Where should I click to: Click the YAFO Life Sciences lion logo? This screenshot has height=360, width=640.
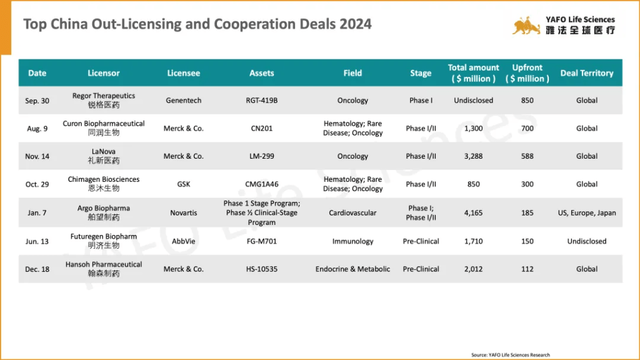tap(526, 26)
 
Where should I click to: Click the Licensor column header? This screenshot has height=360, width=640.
tap(104, 73)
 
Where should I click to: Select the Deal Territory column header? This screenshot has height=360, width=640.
tap(586, 73)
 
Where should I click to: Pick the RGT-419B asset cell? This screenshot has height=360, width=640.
tap(261, 101)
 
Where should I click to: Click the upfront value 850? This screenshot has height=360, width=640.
tap(527, 101)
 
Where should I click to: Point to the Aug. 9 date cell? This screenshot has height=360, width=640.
tap(37, 129)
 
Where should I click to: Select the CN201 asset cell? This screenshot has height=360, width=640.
tap(261, 129)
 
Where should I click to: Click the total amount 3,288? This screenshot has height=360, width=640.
tap(473, 156)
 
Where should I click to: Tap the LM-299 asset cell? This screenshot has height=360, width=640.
tap(261, 156)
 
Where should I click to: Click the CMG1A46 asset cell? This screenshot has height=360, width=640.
tap(261, 184)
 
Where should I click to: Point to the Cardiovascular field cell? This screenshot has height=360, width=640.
tap(352, 213)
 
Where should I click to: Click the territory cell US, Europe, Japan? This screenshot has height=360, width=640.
tap(586, 213)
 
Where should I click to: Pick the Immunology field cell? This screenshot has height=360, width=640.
tap(352, 241)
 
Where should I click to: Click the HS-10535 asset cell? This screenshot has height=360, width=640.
tap(261, 269)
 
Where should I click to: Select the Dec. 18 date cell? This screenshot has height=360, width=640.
tap(37, 269)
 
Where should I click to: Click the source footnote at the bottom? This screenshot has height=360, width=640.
tap(511, 355)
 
